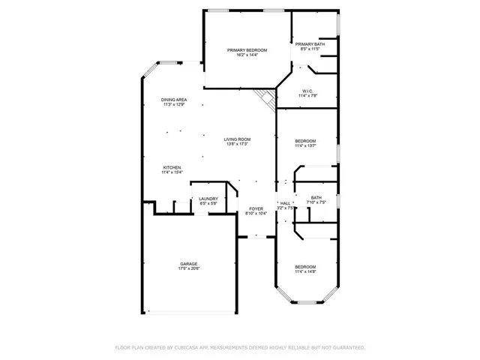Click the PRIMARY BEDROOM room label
[x=247, y=49]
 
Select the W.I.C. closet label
[x=308, y=91]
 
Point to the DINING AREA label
[x=174, y=100]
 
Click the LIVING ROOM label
[x=237, y=139]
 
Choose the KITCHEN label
[x=172, y=167]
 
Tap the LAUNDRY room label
[x=208, y=199]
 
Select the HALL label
[x=285, y=203]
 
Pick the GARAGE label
[x=188, y=263]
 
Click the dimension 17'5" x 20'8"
[x=188, y=268]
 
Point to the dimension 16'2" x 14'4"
[x=247, y=55]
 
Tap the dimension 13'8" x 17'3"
[x=237, y=144]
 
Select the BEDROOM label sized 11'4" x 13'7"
[x=305, y=141]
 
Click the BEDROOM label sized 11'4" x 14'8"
[x=305, y=267]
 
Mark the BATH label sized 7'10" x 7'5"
[x=316, y=197]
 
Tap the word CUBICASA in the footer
[x=191, y=348]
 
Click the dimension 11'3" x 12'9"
[x=174, y=105]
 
